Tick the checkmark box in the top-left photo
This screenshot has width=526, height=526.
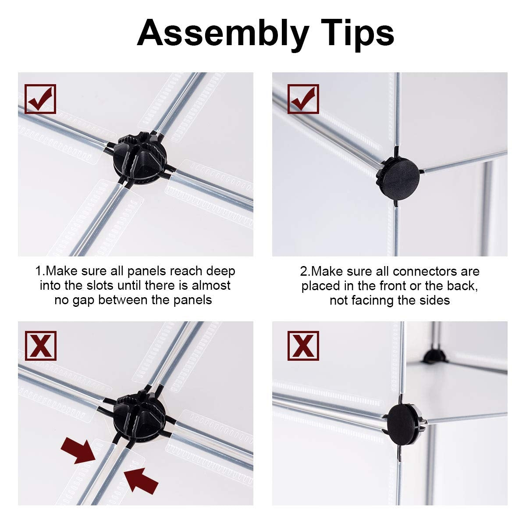[40, 99]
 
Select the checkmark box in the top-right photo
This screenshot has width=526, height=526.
[303, 99]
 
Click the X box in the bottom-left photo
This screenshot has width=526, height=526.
[40, 346]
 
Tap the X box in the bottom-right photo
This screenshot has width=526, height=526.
[303, 346]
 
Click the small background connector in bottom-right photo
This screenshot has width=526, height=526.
[434, 355]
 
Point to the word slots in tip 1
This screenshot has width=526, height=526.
[100, 285]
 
